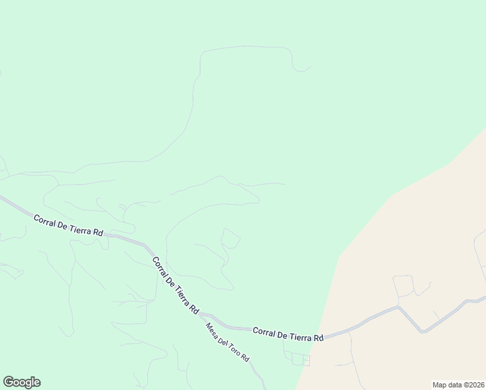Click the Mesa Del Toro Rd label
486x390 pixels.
[x=227, y=343]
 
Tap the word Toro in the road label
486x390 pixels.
[x=233, y=348]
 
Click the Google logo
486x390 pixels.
[x=21, y=382]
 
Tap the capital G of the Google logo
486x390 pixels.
[x=8, y=382]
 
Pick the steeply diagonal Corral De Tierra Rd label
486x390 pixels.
[x=175, y=285]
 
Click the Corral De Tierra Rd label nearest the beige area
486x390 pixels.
[x=288, y=334]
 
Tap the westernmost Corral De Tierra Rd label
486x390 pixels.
[x=68, y=225]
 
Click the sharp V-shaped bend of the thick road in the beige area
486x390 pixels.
[x=423, y=331]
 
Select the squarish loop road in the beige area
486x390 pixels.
[x=403, y=285]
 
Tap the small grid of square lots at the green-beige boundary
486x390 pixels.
[x=300, y=359]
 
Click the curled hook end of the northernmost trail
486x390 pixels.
[x=301, y=68]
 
